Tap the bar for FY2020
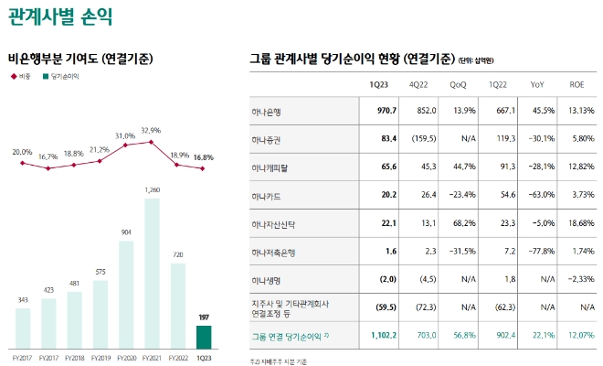click(x=126, y=294)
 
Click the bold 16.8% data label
click(x=204, y=156)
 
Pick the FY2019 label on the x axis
click(x=100, y=358)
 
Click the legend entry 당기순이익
click(x=63, y=77)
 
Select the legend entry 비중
click(x=23, y=77)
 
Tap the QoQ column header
click(x=458, y=84)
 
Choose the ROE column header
click(x=576, y=84)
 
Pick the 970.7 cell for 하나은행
click(x=381, y=111)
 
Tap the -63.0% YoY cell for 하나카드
click(x=536, y=195)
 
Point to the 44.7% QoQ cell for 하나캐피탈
click(x=459, y=167)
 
